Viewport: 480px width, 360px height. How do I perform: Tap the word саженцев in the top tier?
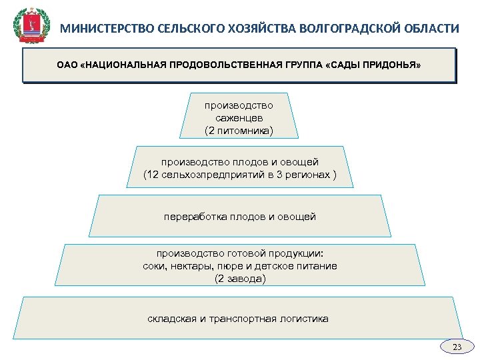239,117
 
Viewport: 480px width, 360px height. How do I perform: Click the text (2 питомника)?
239,130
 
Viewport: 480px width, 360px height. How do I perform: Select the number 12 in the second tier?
152,175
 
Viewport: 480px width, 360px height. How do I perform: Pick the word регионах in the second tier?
310,175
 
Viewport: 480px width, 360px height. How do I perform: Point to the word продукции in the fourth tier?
299,253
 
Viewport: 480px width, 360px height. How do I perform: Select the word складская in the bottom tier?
173,319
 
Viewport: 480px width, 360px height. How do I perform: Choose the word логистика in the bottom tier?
304,319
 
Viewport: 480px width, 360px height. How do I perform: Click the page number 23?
457,347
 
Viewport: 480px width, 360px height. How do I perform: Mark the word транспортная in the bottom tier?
241,319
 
